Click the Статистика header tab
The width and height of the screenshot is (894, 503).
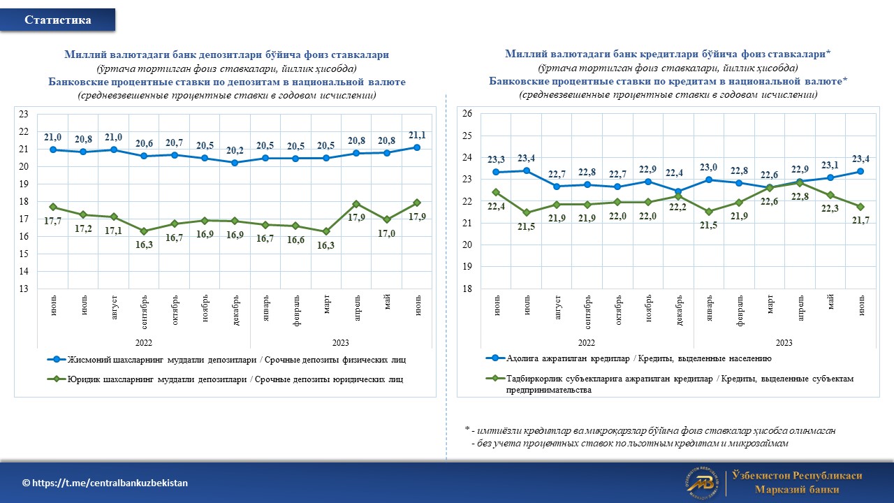[x=58, y=20]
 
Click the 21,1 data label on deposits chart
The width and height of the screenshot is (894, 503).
[x=417, y=135]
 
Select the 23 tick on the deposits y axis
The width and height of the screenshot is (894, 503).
[x=23, y=114]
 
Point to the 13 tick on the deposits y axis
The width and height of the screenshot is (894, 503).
[x=23, y=289]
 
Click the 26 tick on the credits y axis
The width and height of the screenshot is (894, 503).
[x=467, y=113]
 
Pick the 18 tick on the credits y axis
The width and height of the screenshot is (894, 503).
[x=467, y=289]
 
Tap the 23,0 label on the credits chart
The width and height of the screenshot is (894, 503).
[x=710, y=167]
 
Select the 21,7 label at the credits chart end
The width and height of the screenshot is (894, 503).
[x=862, y=221]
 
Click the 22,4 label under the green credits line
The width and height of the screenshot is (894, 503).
[x=495, y=205]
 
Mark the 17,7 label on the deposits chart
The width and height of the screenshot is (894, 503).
[x=54, y=221]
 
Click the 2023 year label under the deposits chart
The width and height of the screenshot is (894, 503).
[x=340, y=343]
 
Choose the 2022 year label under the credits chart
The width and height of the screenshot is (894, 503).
[x=586, y=343]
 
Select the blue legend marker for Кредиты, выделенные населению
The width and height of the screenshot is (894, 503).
[x=495, y=358]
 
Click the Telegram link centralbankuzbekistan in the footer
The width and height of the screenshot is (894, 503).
[x=105, y=483]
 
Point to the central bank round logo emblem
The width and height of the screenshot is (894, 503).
[x=702, y=483]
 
